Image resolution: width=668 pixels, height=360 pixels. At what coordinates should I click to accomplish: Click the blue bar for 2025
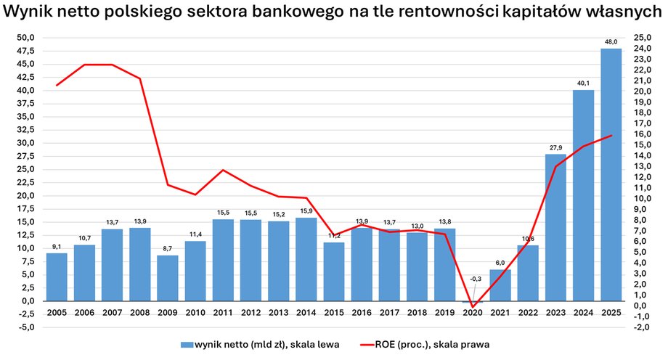pyautogui.click(x=611, y=174)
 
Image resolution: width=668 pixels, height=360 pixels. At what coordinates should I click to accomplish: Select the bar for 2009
pyautogui.click(x=168, y=278)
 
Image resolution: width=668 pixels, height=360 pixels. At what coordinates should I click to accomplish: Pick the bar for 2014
pyautogui.click(x=306, y=259)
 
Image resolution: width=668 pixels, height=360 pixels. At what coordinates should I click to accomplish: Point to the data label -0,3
pyautogui.click(x=473, y=279)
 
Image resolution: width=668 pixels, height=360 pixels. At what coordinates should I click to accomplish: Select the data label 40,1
pyautogui.click(x=583, y=84)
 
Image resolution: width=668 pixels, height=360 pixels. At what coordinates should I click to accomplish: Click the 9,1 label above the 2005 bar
pyautogui.click(x=57, y=247)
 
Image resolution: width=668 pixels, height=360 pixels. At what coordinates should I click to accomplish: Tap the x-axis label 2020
pyautogui.click(x=473, y=314)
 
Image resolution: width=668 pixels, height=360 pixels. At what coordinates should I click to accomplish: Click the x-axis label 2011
pyautogui.click(x=223, y=314)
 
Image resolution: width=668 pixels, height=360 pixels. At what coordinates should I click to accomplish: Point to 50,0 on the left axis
pyautogui.click(x=25, y=38)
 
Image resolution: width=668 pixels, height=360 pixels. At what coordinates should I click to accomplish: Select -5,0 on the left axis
pyautogui.click(x=25, y=327)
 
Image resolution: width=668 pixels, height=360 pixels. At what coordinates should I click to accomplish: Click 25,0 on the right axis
pyautogui.click(x=643, y=38)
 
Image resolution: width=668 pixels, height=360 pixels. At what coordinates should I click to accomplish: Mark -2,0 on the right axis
pyautogui.click(x=643, y=327)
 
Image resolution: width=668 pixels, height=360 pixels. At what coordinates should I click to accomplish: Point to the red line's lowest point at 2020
pyautogui.click(x=473, y=306)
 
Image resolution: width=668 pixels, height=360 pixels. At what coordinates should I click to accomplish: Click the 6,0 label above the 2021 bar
pyautogui.click(x=500, y=263)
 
